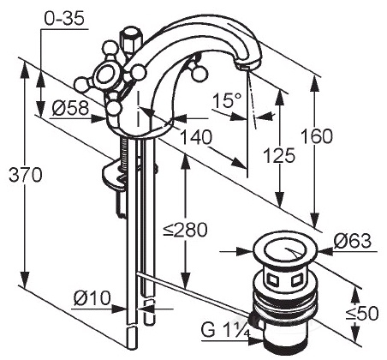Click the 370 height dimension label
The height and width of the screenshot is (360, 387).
click(x=26, y=175)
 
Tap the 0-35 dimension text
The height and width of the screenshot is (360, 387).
click(x=64, y=19)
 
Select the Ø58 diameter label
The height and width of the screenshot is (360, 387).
click(x=70, y=109)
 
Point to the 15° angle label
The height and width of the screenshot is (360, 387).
click(x=227, y=100)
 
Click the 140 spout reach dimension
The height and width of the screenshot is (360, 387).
click(x=197, y=137)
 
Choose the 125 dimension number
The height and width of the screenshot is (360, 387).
click(x=279, y=156)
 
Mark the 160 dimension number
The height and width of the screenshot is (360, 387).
click(x=317, y=136)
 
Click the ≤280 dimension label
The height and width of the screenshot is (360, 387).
click(x=185, y=230)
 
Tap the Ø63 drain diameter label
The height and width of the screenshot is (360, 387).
click(x=353, y=241)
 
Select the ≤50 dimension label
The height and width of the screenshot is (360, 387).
click(x=362, y=314)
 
